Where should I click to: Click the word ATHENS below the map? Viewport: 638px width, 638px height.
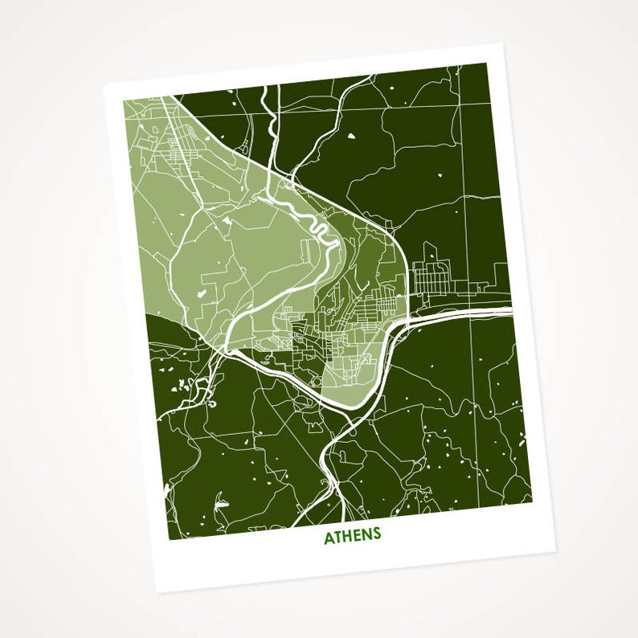[352, 537]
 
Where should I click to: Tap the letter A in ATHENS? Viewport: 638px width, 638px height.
[329, 538]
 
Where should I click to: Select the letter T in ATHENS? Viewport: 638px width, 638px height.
[337, 538]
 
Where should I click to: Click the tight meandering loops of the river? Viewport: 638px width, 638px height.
[319, 233]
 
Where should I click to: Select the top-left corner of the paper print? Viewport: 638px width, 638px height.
[104, 83]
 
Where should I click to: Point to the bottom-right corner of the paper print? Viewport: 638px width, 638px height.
[555, 553]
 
